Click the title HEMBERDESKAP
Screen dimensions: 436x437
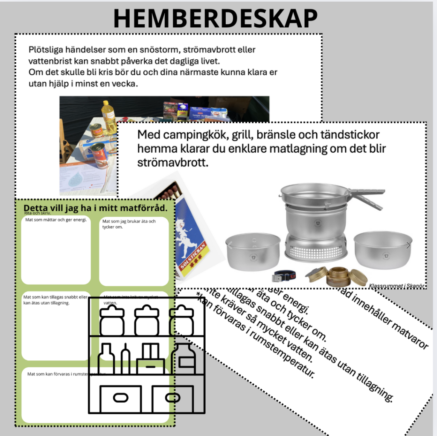215,18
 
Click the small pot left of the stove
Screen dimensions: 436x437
253,252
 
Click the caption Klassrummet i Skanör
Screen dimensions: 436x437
396,286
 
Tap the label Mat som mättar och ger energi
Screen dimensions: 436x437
56,220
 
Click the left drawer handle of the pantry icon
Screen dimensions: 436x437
120,398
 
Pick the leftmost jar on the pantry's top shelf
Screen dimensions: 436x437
112,322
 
